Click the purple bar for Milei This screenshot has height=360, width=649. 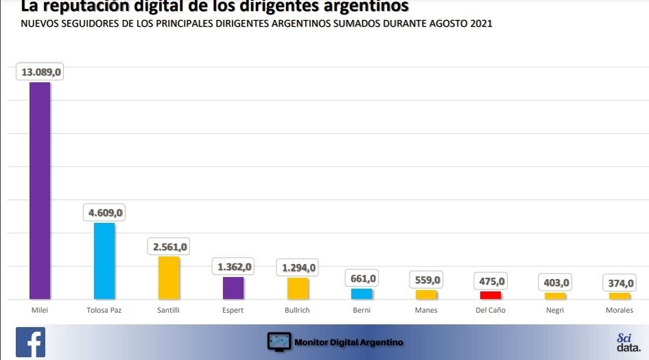39,191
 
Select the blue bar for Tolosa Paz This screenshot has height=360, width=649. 104,261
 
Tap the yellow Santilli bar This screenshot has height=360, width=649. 169,278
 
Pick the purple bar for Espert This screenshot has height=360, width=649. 233,288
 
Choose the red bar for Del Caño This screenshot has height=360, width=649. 491,295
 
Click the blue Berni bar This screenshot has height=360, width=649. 362,293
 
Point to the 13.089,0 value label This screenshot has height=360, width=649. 41,72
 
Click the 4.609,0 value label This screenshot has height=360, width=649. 106,213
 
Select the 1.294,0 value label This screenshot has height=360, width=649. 298,267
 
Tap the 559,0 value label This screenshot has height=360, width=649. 426,280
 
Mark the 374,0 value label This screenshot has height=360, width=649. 619,283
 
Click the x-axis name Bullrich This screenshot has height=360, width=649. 297,311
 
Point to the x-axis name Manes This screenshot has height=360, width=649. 426,311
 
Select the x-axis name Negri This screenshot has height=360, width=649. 555,311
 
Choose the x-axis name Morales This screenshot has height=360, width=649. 619,311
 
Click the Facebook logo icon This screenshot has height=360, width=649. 30,342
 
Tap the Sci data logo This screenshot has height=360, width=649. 624,342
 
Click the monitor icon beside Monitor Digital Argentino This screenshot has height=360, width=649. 279,341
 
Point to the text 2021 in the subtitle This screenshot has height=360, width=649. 480,23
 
